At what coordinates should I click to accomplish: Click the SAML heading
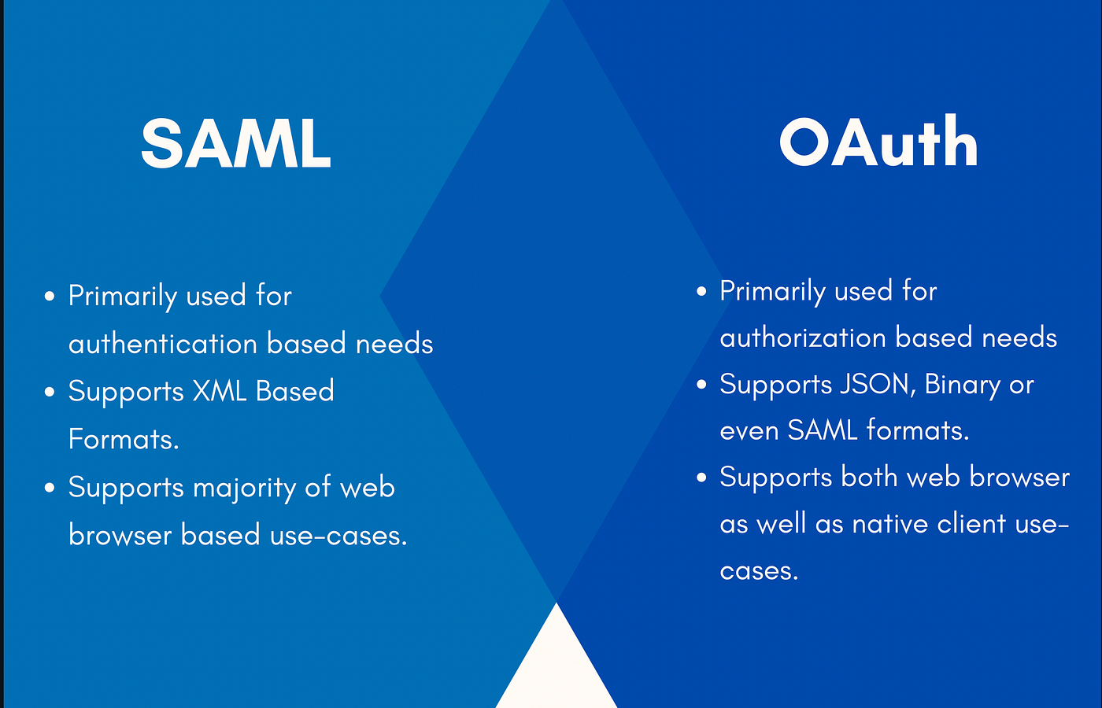click(x=235, y=144)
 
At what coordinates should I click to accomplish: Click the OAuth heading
click(x=878, y=141)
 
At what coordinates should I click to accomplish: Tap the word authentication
click(x=163, y=343)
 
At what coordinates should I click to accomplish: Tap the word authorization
click(x=803, y=338)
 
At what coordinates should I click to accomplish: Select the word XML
click(x=220, y=392)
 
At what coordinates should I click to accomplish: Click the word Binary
click(x=962, y=386)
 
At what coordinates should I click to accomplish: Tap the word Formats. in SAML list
click(x=124, y=439)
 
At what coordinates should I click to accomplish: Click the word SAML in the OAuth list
click(x=822, y=431)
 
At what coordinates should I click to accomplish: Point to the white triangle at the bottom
click(x=557, y=664)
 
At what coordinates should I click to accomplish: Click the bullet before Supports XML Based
click(x=49, y=392)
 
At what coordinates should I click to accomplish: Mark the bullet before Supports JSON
click(x=701, y=385)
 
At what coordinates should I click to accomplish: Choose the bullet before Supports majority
click(x=49, y=488)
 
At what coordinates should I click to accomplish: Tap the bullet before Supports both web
click(x=701, y=478)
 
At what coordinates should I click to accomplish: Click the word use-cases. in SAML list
click(x=338, y=536)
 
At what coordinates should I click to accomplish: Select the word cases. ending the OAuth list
click(x=759, y=571)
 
